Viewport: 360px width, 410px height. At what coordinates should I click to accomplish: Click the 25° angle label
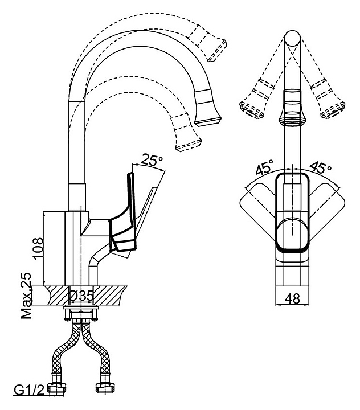click(x=151, y=161)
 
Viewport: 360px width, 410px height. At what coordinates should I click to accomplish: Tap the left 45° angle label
click(x=263, y=169)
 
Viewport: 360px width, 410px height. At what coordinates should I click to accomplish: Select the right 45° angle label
click(x=320, y=169)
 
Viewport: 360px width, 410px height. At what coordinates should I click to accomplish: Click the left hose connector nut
click(x=57, y=389)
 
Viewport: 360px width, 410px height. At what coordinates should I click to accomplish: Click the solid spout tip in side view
click(x=208, y=111)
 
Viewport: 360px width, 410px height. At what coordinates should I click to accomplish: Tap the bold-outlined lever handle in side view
click(x=124, y=216)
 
